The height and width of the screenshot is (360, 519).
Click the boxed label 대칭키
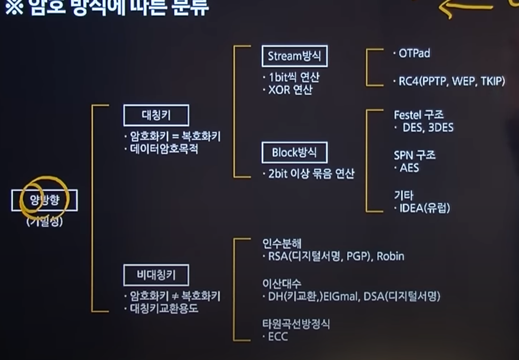156,116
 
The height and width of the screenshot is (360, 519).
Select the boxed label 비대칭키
156,275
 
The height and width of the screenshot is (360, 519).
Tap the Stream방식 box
294,57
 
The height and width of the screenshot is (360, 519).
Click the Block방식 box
294,153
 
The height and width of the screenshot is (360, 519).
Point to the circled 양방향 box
44,201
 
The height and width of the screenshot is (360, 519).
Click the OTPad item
414,53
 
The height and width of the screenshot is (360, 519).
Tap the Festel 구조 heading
418,115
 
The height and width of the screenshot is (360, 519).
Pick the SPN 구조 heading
415,155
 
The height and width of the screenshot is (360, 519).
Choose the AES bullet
409,168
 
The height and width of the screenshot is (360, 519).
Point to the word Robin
390,256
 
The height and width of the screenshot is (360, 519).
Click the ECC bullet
278,337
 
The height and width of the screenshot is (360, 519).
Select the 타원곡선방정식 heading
296,324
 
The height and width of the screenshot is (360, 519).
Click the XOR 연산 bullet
290,90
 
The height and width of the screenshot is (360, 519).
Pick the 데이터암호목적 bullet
164,149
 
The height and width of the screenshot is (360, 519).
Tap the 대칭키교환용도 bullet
164,308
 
